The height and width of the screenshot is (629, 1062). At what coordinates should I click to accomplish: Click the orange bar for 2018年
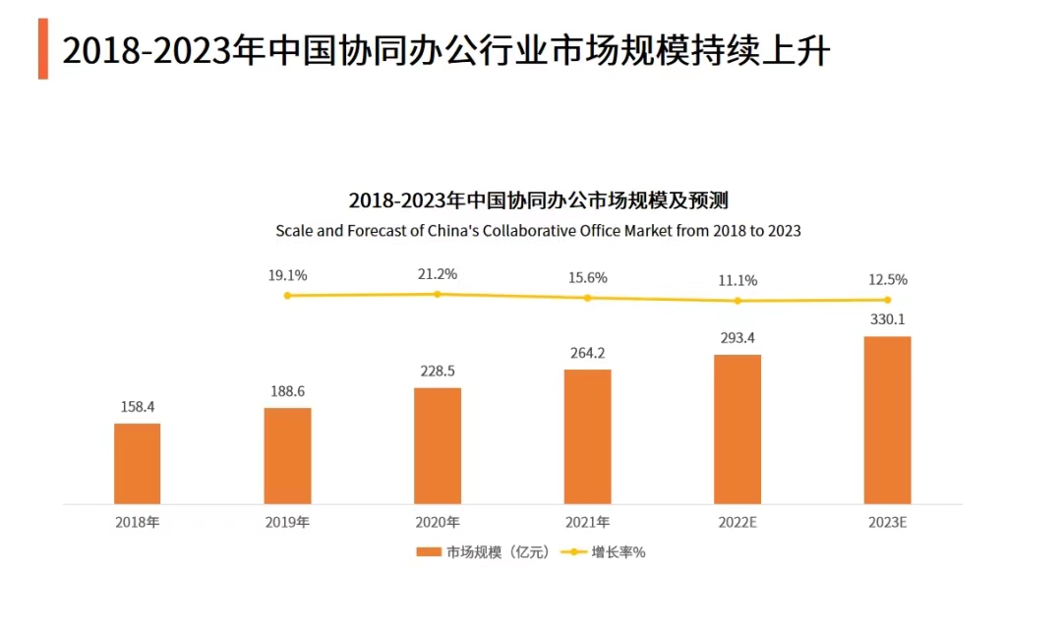(137, 463)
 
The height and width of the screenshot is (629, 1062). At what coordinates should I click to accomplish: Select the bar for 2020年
(438, 445)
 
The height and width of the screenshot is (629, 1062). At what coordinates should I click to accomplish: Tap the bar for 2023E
(887, 420)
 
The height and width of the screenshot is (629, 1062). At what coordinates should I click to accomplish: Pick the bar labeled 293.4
(737, 429)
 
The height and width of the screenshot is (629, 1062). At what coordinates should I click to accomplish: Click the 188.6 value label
(287, 391)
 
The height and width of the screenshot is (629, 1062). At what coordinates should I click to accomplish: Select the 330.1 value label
(887, 319)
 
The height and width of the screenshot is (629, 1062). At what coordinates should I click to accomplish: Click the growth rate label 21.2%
(438, 274)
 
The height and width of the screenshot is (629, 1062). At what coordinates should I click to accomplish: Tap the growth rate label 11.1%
(737, 280)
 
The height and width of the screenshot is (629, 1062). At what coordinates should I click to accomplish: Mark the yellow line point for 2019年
(287, 295)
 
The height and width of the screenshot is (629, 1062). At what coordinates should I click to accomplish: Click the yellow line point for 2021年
(587, 298)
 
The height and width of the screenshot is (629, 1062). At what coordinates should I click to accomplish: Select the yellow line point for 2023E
(887, 300)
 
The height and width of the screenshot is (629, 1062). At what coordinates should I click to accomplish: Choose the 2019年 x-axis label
(287, 522)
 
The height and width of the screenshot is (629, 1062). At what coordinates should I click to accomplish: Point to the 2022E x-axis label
(737, 522)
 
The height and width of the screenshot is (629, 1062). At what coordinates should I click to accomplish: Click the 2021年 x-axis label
(587, 522)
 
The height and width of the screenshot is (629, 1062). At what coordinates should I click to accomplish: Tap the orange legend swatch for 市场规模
(429, 552)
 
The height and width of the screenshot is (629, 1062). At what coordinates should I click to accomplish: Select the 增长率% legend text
(619, 552)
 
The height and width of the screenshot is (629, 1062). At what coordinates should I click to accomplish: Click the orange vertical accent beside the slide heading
(43, 48)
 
